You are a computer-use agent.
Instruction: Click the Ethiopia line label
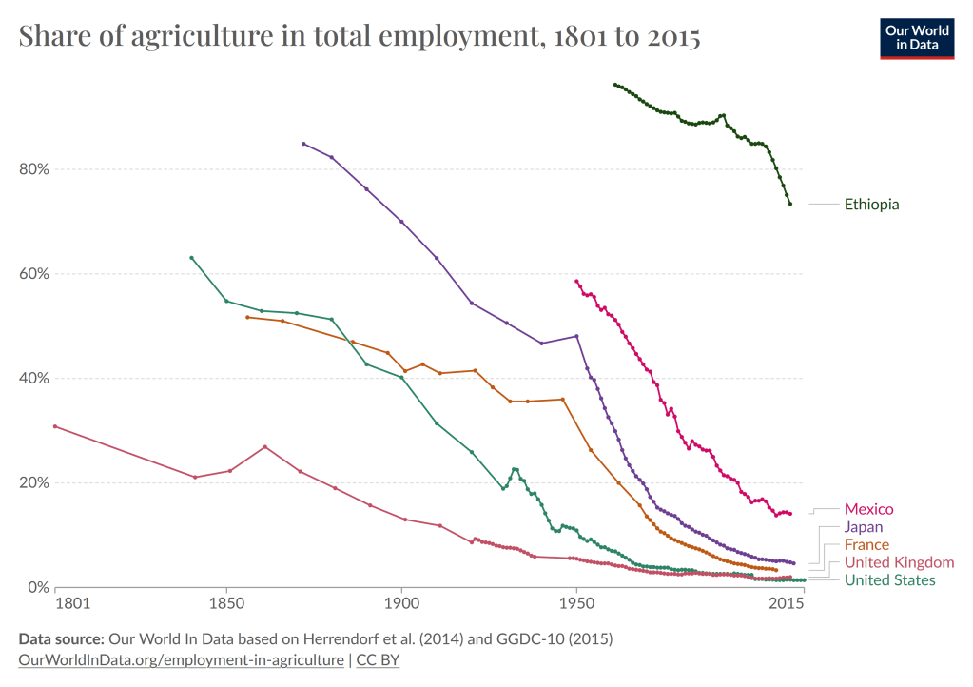click(871, 204)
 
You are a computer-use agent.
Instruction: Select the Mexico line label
click(868, 509)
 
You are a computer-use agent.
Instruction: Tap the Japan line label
click(864, 527)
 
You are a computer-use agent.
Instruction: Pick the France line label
click(866, 545)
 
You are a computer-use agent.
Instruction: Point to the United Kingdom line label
click(899, 562)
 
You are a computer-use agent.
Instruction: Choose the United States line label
click(889, 580)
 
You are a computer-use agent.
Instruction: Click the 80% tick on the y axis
click(34, 169)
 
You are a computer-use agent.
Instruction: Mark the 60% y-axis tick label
click(34, 274)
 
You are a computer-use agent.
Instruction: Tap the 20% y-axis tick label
click(34, 482)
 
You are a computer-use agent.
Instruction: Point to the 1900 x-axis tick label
click(400, 604)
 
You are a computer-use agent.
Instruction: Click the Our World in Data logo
click(917, 37)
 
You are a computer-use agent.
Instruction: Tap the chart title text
click(359, 38)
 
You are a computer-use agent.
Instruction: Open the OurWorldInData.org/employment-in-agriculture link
click(181, 658)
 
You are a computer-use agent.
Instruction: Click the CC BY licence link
click(378, 658)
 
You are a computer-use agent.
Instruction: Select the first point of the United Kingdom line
click(55, 426)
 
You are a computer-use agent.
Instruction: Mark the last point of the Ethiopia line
click(789, 204)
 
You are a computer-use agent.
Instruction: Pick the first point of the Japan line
click(303, 144)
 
